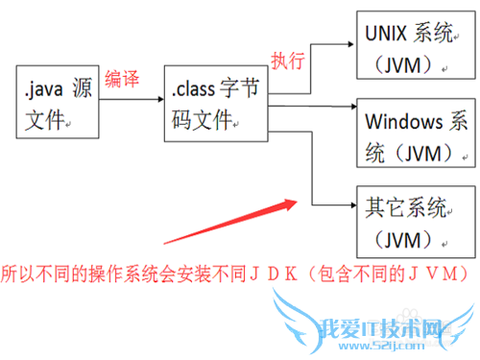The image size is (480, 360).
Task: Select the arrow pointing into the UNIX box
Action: [x=331, y=43]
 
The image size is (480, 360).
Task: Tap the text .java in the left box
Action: [x=44, y=92]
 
